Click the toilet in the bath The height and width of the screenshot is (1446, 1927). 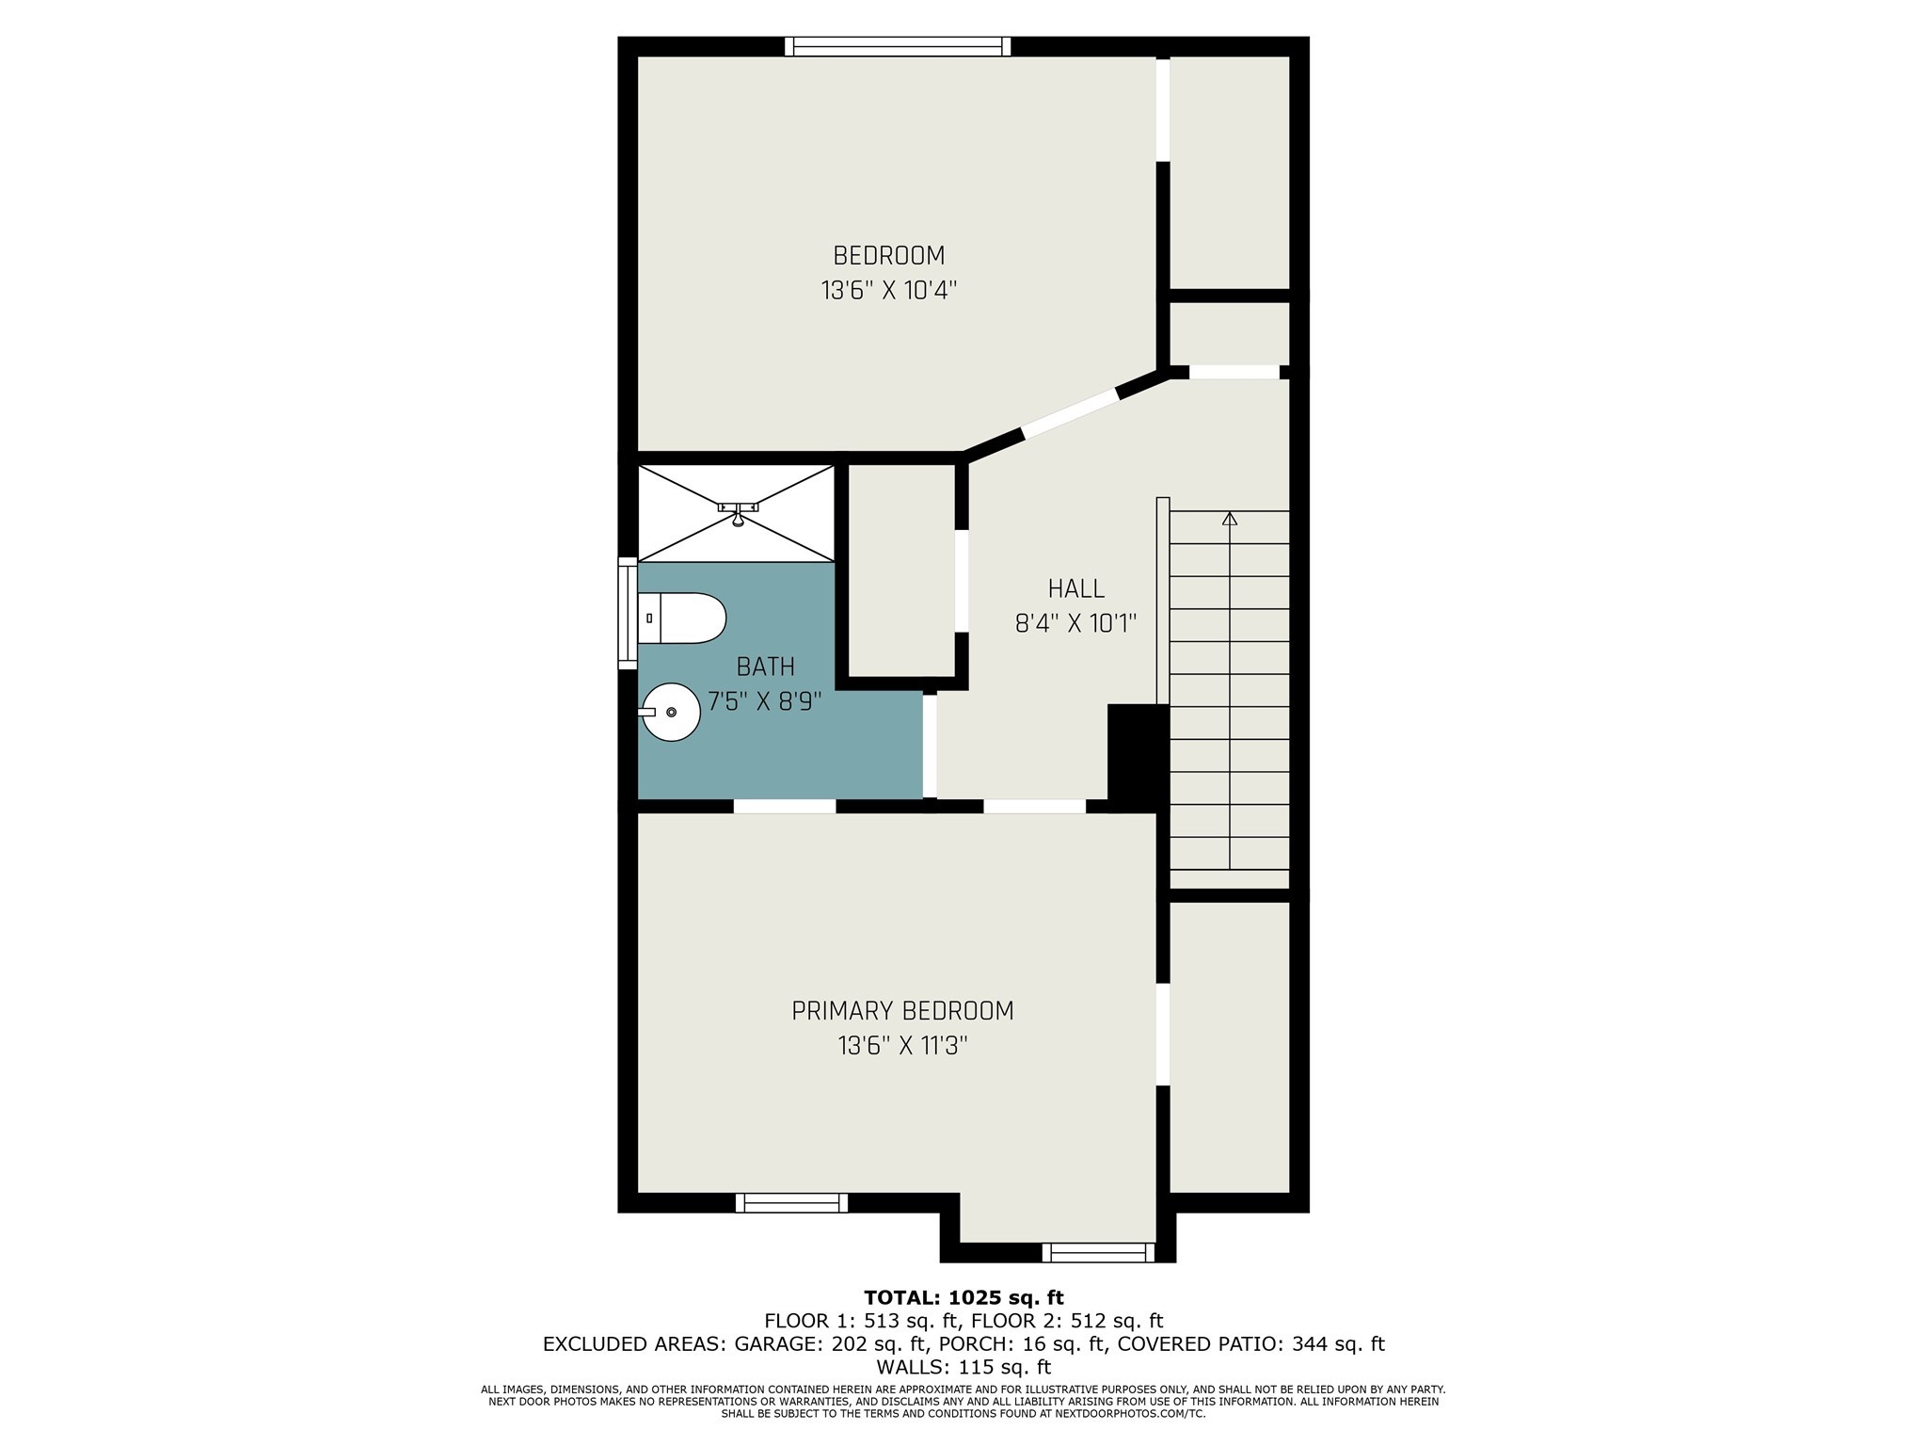[683, 619]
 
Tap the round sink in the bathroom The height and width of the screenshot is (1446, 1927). [672, 712]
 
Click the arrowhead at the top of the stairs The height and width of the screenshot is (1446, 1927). [1230, 519]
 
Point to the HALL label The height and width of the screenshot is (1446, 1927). [1075, 589]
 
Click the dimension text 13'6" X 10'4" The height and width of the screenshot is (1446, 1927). [888, 290]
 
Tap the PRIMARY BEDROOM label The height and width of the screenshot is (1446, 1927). [902, 1011]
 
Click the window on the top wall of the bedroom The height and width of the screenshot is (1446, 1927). [898, 46]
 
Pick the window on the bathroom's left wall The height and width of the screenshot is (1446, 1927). [627, 613]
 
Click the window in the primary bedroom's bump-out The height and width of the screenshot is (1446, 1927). [1097, 1252]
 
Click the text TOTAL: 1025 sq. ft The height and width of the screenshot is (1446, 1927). [963, 1298]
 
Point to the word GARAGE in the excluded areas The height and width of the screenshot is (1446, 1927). [773, 1344]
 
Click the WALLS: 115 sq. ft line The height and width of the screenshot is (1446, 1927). [963, 1367]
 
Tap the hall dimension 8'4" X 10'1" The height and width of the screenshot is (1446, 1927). [1075, 623]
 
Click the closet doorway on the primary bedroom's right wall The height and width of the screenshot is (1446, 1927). [1163, 1035]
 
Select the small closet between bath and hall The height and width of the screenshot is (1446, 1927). [901, 570]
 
